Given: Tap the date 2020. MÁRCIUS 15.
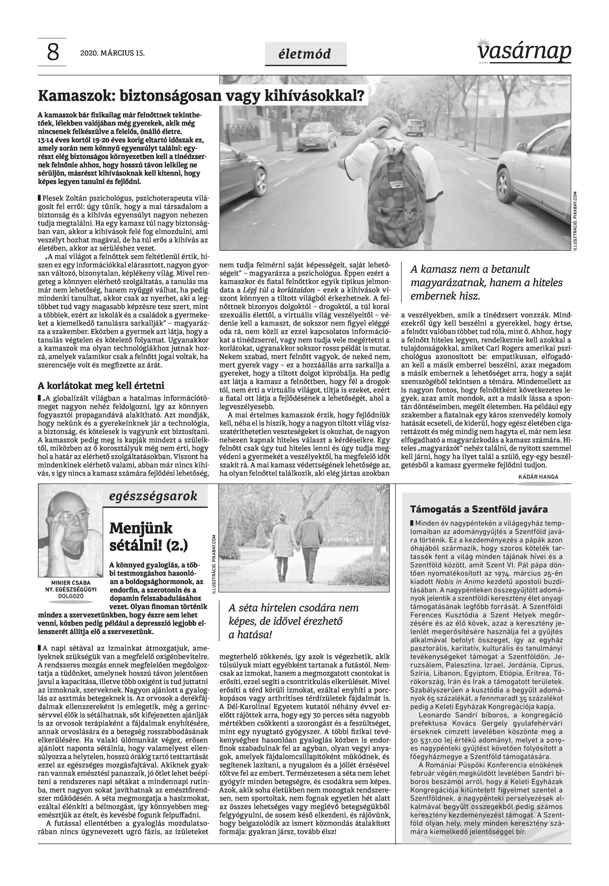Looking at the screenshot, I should point(113,53).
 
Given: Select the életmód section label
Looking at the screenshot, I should point(305,54).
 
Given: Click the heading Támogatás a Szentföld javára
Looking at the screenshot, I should point(479,509).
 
